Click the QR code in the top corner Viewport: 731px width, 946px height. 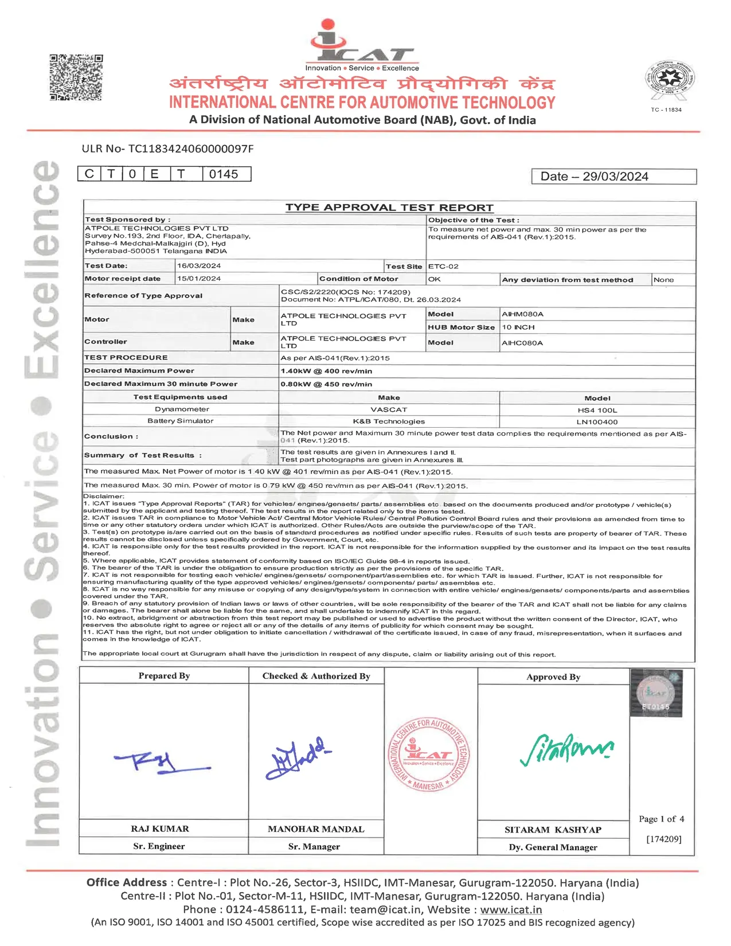76,77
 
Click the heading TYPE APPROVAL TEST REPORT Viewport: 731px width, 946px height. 389,208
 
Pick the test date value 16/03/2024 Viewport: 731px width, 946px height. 199,266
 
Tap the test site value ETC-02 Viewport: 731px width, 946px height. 443,267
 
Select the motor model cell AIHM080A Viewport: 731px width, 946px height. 522,314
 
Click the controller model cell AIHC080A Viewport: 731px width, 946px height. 522,343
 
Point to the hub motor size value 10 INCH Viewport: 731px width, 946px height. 518,327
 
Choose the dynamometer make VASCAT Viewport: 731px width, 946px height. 389,410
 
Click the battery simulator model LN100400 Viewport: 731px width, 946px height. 597,422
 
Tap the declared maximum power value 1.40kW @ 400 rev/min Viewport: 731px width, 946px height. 326,371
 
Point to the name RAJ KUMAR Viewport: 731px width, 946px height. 160,829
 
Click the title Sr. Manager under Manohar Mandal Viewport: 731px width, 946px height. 314,847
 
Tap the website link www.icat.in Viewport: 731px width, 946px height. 511,910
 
